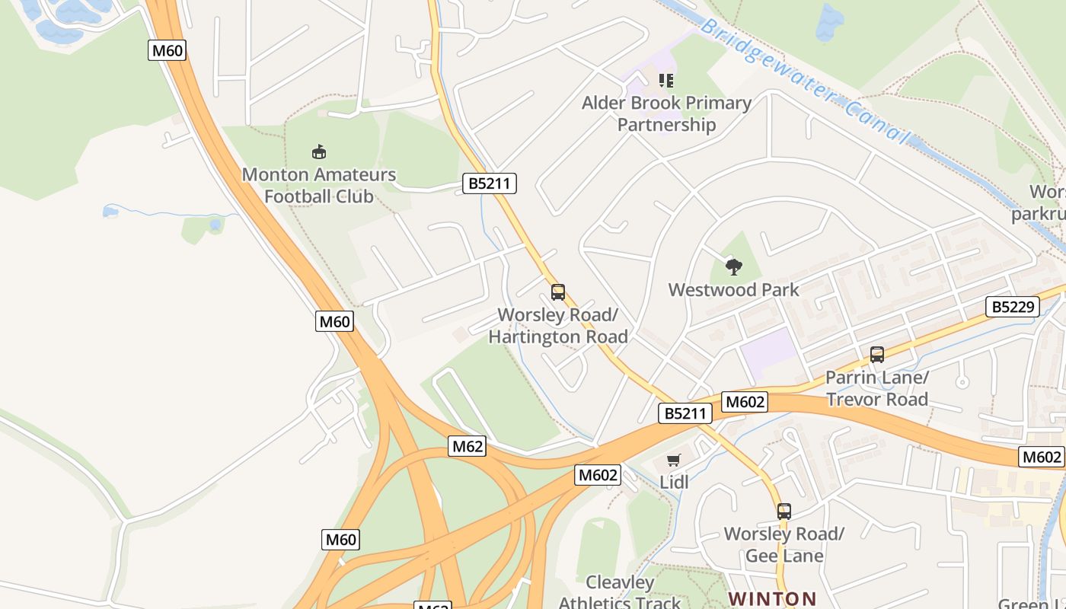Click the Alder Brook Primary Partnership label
click(x=666, y=113)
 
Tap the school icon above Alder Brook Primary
click(x=666, y=80)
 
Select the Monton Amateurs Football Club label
click(x=319, y=185)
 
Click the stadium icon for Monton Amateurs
click(x=319, y=151)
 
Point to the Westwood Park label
click(x=734, y=289)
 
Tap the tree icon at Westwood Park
click(x=734, y=266)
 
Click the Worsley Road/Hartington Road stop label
click(x=558, y=326)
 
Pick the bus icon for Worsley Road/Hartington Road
click(x=558, y=292)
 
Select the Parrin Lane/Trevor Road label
click(x=877, y=388)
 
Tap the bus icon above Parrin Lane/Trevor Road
click(x=877, y=354)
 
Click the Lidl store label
click(x=674, y=482)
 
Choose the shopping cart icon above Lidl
click(x=673, y=460)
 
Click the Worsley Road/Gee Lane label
click(x=784, y=544)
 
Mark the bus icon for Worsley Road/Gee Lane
click(x=784, y=512)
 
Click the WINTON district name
click(x=772, y=599)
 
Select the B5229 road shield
click(x=1012, y=307)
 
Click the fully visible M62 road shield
click(x=467, y=446)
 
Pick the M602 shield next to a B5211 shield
click(x=744, y=402)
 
